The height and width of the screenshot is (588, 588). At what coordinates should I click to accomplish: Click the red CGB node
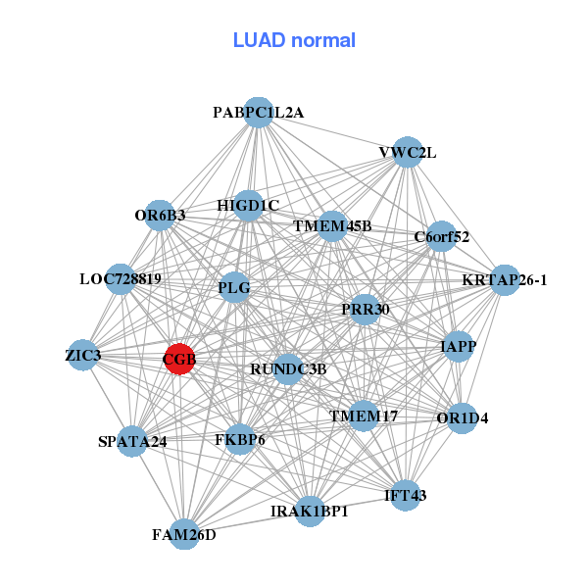(179, 359)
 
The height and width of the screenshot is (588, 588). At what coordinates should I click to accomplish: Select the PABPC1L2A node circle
(258, 112)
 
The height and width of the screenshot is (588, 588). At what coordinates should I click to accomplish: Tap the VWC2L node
(408, 152)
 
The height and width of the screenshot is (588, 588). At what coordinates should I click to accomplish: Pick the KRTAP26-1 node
(505, 279)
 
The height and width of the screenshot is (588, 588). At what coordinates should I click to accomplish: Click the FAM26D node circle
(184, 534)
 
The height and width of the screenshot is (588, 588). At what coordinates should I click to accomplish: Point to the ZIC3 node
(83, 355)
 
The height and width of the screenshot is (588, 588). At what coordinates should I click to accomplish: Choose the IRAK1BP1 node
(310, 511)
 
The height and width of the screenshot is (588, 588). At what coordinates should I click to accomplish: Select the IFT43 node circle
(406, 495)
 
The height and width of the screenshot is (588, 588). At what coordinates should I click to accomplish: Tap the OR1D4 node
(462, 417)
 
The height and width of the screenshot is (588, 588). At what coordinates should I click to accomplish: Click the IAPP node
(459, 346)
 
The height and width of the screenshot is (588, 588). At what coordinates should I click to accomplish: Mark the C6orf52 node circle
(442, 236)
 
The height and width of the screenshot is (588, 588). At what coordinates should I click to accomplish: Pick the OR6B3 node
(160, 215)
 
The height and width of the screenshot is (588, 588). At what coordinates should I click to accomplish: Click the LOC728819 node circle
(121, 279)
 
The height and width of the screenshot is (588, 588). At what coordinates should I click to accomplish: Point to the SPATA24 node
(132, 441)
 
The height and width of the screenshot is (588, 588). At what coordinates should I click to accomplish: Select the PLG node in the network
(234, 288)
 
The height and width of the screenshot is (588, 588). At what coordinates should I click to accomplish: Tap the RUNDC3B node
(288, 368)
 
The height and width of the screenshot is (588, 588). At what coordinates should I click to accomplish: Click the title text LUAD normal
(294, 40)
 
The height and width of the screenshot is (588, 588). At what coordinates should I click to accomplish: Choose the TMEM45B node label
(332, 226)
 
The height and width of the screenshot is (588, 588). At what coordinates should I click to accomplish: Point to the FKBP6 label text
(240, 440)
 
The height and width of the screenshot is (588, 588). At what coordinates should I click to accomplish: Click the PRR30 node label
(366, 310)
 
